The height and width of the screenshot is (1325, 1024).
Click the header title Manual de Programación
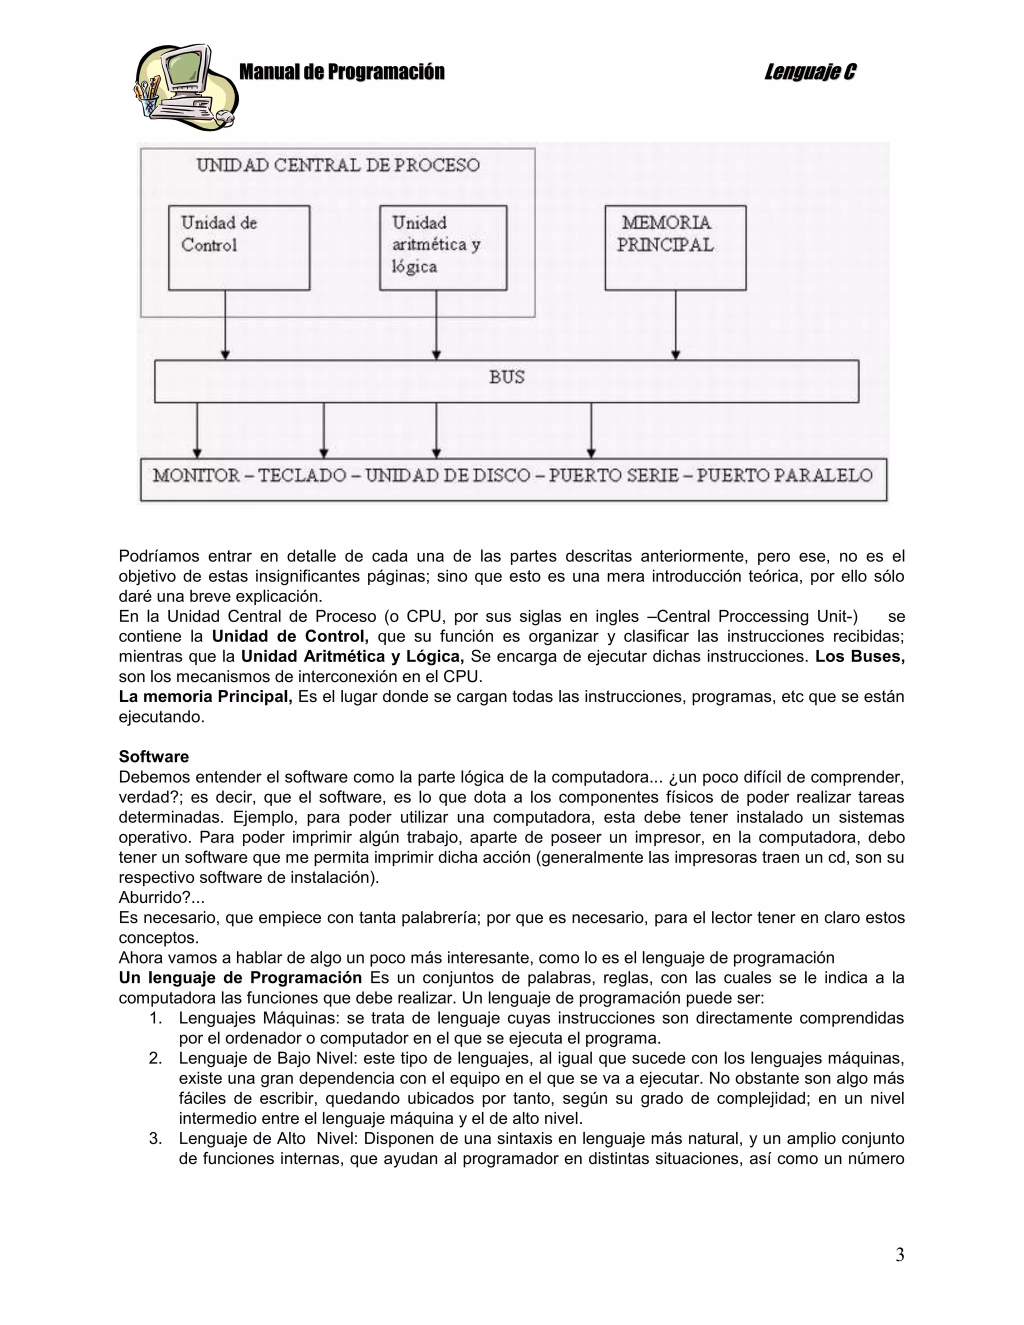(341, 72)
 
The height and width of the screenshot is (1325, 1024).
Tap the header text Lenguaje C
(810, 72)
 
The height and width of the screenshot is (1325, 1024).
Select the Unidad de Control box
(239, 247)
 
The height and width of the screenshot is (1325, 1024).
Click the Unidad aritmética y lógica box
(443, 247)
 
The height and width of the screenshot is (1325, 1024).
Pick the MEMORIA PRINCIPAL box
(675, 247)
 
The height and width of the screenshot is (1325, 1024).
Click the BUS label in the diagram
(506, 377)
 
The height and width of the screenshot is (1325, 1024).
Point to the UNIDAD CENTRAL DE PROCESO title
(338, 165)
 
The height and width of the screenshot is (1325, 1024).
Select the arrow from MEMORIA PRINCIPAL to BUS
(676, 324)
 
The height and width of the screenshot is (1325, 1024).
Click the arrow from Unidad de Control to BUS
(225, 324)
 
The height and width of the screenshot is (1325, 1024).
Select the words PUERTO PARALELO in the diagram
(784, 475)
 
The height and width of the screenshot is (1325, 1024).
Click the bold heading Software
(153, 756)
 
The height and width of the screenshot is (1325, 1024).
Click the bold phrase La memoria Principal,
(205, 696)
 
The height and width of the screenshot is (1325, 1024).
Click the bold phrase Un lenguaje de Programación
(240, 978)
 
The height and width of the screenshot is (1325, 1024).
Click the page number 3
(899, 1254)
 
